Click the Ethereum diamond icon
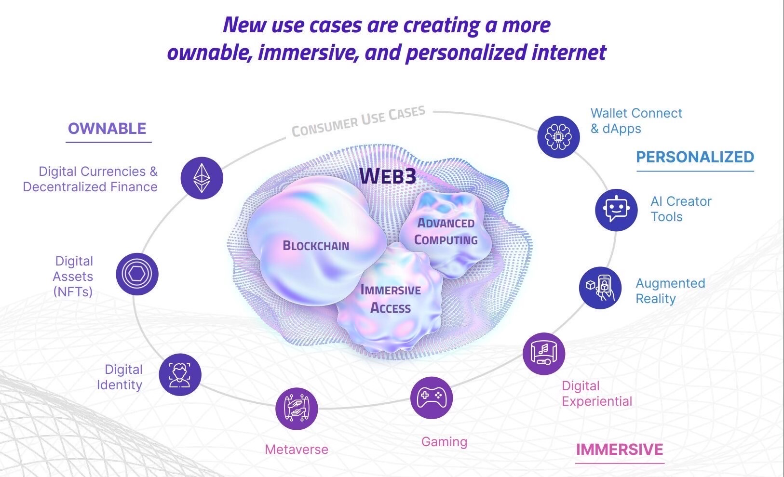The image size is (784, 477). tap(202, 178)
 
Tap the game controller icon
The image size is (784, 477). tap(431, 397)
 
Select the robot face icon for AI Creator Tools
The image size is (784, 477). tap(616, 210)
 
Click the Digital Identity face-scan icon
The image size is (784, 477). tap(179, 375)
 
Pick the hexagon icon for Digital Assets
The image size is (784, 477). tap(137, 274)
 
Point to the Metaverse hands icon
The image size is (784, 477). tap(297, 409)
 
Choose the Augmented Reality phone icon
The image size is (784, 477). tap(600, 287)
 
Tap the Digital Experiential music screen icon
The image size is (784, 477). tap(543, 353)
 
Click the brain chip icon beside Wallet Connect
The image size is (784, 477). tap(558, 136)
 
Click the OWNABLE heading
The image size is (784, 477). tap(107, 129)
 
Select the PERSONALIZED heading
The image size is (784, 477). tap(695, 157)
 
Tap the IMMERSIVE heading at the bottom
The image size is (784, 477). tap(620, 450)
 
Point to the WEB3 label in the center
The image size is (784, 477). tap(387, 176)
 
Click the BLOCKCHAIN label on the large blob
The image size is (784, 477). tap(316, 246)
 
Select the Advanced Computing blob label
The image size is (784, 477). tap(446, 231)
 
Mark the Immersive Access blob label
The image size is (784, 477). tap(391, 299)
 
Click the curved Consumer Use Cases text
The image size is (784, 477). tap(358, 121)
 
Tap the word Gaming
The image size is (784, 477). tap(444, 442)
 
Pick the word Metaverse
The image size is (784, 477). tap(297, 450)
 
